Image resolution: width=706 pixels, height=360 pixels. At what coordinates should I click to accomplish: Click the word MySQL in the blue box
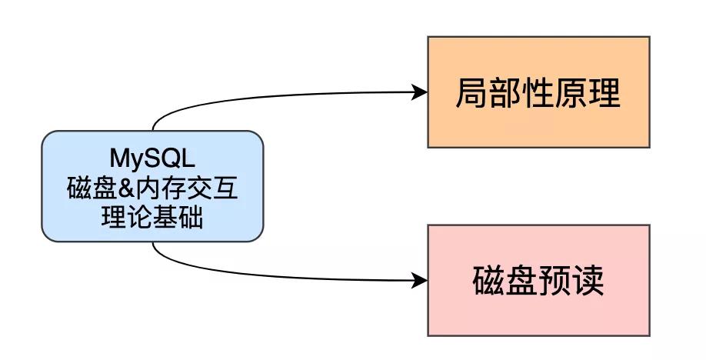152,159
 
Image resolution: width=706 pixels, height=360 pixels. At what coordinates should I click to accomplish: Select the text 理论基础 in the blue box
152,218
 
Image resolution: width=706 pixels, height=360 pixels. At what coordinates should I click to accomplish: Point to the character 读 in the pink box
588,282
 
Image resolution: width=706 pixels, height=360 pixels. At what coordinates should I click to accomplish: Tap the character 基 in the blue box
168,218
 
